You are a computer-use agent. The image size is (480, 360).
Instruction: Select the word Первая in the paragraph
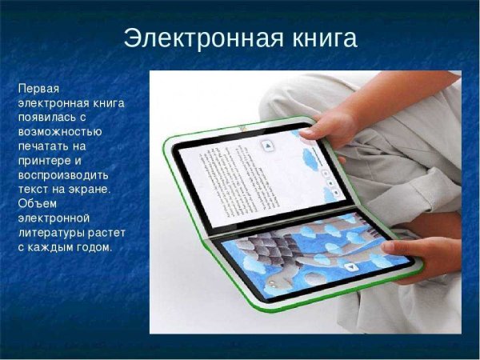(39, 86)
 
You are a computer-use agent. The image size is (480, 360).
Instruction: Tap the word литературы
(51, 231)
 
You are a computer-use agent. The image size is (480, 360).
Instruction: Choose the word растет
(106, 231)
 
